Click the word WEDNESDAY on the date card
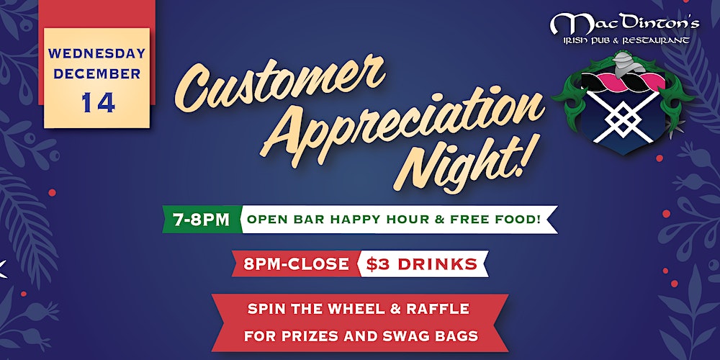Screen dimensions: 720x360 tap(96, 54)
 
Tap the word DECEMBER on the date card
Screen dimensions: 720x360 tap(96, 74)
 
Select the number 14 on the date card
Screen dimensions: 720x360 tap(98, 102)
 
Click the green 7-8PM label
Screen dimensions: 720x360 tap(202, 220)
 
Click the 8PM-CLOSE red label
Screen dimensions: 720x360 tap(297, 264)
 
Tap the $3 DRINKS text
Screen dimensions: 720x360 tap(421, 264)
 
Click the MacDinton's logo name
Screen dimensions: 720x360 tap(625, 24)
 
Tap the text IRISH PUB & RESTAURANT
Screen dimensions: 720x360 tap(626, 41)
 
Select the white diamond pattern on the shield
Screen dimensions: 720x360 tap(623, 117)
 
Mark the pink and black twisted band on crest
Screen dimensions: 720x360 tap(623, 81)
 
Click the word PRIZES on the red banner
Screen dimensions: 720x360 tap(324, 336)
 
